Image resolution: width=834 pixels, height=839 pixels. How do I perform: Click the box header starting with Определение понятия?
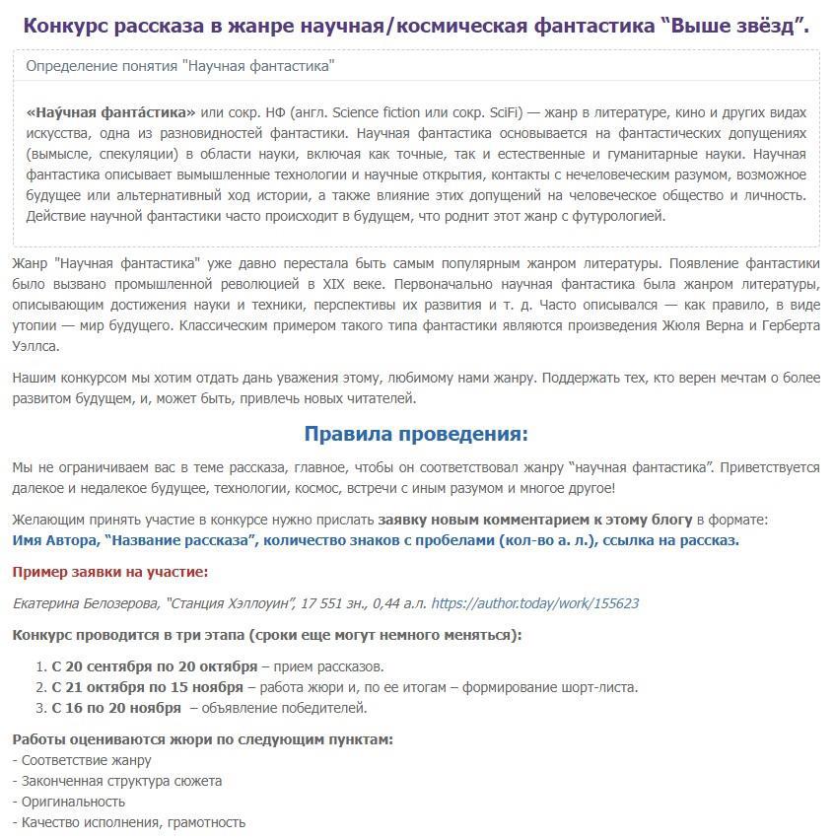pos(179,66)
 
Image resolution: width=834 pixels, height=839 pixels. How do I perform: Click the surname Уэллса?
pos(35,347)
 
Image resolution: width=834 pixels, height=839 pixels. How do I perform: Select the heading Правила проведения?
pos(416,434)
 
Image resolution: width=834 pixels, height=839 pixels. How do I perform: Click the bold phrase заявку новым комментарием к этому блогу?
pos(535,519)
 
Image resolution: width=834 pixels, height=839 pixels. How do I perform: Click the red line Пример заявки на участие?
pos(110,572)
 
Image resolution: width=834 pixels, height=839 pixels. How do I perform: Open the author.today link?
pos(535,603)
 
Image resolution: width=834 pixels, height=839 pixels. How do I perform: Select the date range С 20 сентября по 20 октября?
pos(155,666)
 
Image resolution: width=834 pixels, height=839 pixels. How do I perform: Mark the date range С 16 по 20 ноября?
pos(116,708)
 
